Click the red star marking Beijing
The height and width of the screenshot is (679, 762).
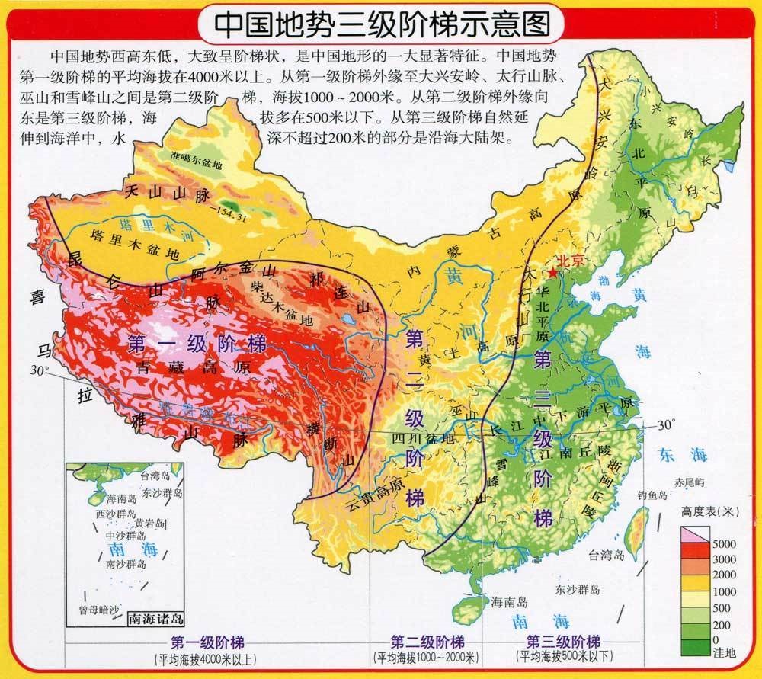(552, 272)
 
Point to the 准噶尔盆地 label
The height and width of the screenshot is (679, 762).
(197, 162)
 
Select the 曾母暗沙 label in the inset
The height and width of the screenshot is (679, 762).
(99, 610)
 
